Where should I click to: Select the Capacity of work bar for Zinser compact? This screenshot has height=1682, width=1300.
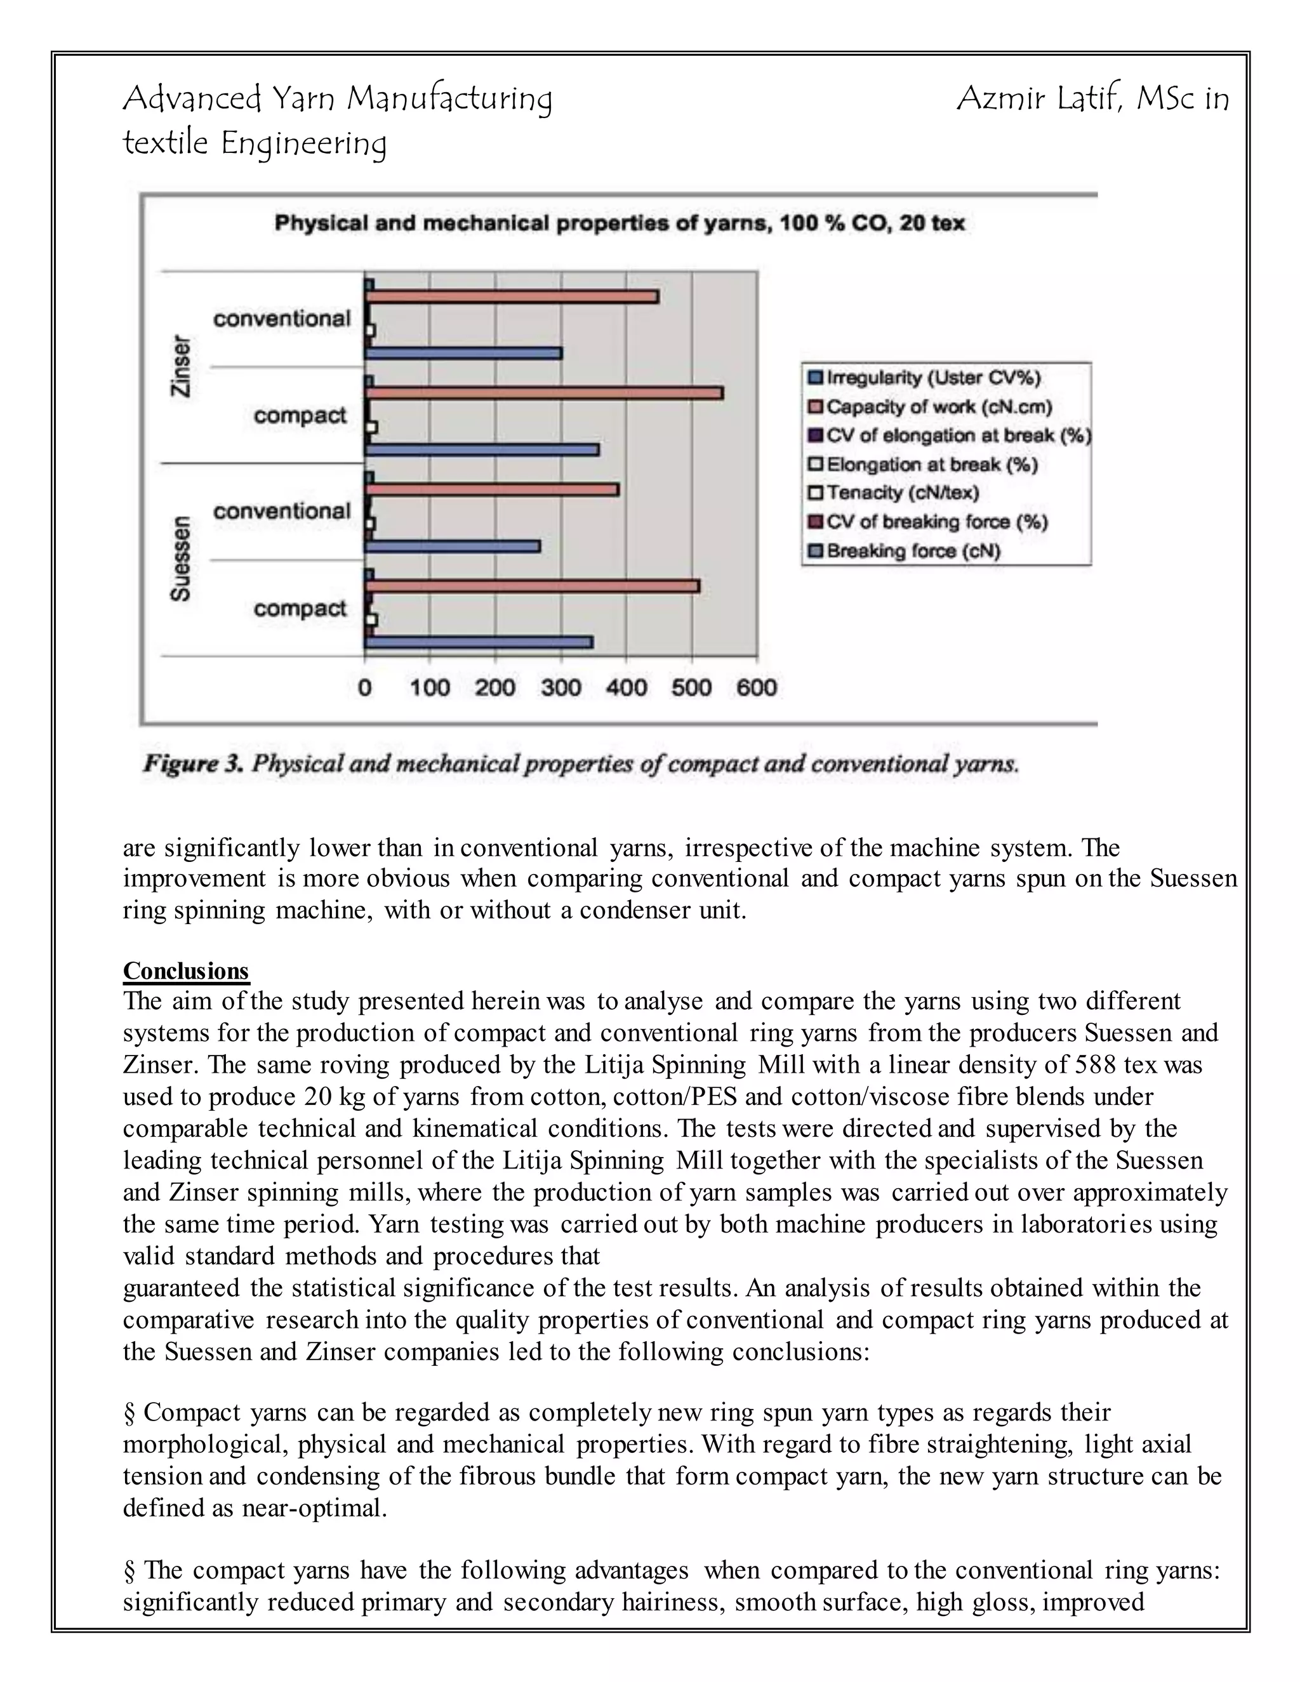click(544, 393)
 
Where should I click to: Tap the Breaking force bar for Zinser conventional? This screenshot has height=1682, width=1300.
click(463, 354)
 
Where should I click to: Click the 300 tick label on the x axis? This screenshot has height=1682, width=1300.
click(560, 687)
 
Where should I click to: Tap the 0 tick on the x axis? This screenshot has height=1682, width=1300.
click(365, 687)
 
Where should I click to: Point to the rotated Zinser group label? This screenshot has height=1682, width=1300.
click(180, 366)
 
